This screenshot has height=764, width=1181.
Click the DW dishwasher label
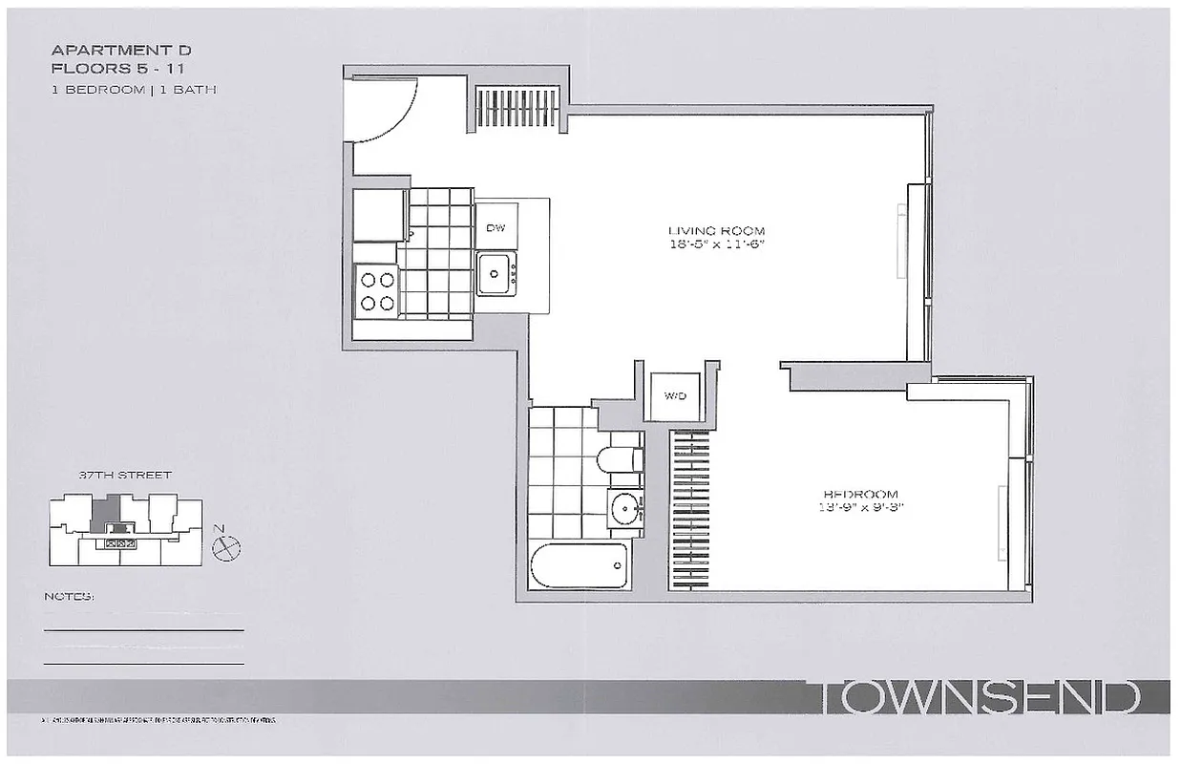click(495, 227)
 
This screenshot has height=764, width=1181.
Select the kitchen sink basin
click(494, 273)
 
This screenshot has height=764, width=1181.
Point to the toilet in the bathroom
click(618, 459)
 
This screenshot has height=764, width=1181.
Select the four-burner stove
click(376, 291)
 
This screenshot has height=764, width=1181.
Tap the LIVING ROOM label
click(716, 231)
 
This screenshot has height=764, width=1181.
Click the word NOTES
click(69, 597)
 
